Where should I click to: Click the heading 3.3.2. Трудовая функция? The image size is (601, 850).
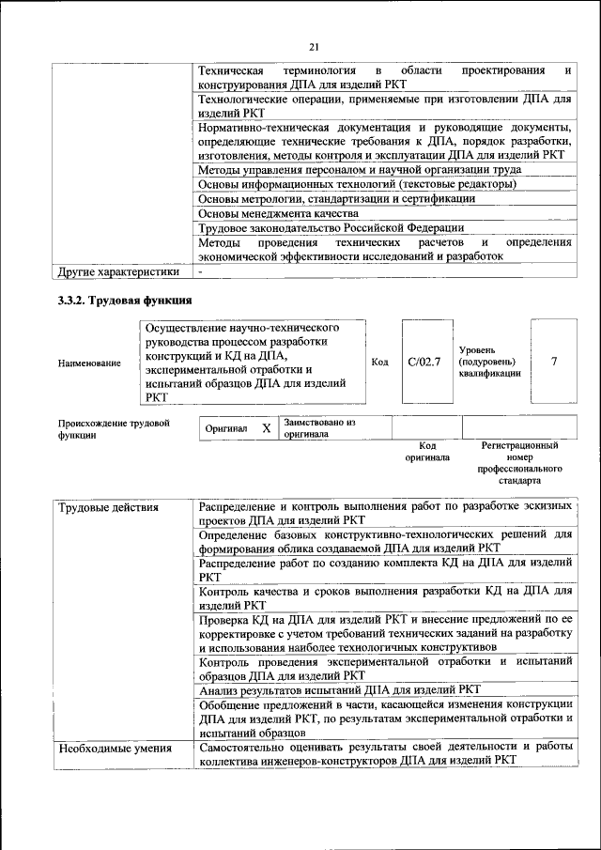[x=126, y=301]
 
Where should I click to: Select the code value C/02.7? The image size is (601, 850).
[x=424, y=362]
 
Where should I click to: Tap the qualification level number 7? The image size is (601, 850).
[x=554, y=362]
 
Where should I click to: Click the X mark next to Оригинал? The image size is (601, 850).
[x=266, y=429]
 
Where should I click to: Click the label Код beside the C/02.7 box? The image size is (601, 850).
[x=379, y=362]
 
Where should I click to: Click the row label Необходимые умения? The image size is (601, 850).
[x=115, y=749]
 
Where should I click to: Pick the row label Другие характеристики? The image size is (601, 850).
[x=117, y=272]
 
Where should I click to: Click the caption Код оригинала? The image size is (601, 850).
[x=427, y=452]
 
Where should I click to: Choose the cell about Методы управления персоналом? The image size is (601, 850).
[x=360, y=169]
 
